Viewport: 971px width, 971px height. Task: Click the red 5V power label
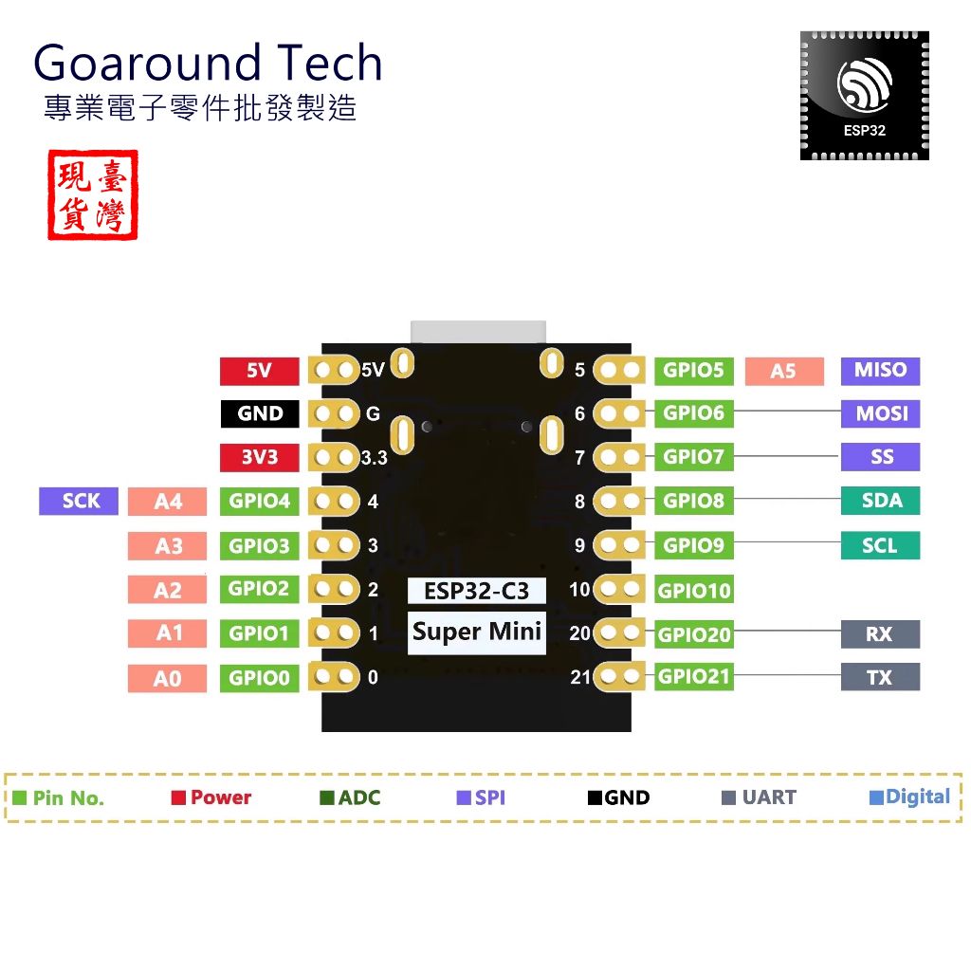click(259, 371)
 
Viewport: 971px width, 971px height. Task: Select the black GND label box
click(259, 413)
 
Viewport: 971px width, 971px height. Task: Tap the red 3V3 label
click(259, 457)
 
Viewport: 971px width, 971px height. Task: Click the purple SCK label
click(79, 501)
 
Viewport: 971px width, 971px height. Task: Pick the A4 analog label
click(167, 502)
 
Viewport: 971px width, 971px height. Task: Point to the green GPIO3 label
click(259, 545)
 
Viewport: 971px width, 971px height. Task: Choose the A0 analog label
click(167, 679)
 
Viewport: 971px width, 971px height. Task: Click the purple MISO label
click(880, 371)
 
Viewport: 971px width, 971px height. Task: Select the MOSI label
click(880, 413)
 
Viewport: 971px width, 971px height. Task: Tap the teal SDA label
click(880, 501)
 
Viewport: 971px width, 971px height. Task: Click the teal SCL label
click(880, 545)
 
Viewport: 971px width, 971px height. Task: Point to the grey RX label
click(880, 633)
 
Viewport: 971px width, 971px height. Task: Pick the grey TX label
click(880, 677)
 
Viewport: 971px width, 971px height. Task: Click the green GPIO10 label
click(694, 591)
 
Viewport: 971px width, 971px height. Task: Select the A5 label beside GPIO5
click(783, 371)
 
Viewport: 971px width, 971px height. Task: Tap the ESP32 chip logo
click(864, 95)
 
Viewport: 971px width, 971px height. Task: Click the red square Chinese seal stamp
click(92, 194)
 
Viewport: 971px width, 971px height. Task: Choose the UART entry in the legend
click(760, 797)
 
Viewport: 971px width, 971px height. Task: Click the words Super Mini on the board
click(477, 632)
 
